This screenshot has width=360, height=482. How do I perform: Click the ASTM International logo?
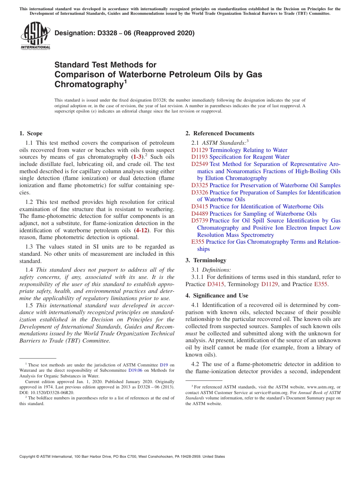[x=35, y=36]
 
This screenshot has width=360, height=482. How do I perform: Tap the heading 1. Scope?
[x=31, y=133]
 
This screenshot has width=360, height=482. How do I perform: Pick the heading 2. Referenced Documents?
[x=220, y=133]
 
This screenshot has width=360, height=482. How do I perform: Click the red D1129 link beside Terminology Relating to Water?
[x=199, y=150]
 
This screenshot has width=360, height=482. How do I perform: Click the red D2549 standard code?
[x=199, y=164]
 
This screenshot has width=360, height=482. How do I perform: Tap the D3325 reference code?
[x=199, y=185]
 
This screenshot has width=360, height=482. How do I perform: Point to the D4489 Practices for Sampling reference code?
[x=199, y=213]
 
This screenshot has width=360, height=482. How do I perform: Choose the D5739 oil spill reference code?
[x=199, y=221]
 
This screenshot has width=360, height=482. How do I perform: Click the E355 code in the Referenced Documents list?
[x=198, y=242]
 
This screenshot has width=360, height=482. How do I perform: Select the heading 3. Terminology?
[x=210, y=260]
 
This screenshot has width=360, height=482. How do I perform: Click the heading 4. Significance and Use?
[x=217, y=296]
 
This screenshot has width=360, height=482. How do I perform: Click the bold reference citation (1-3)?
[x=137, y=157]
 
